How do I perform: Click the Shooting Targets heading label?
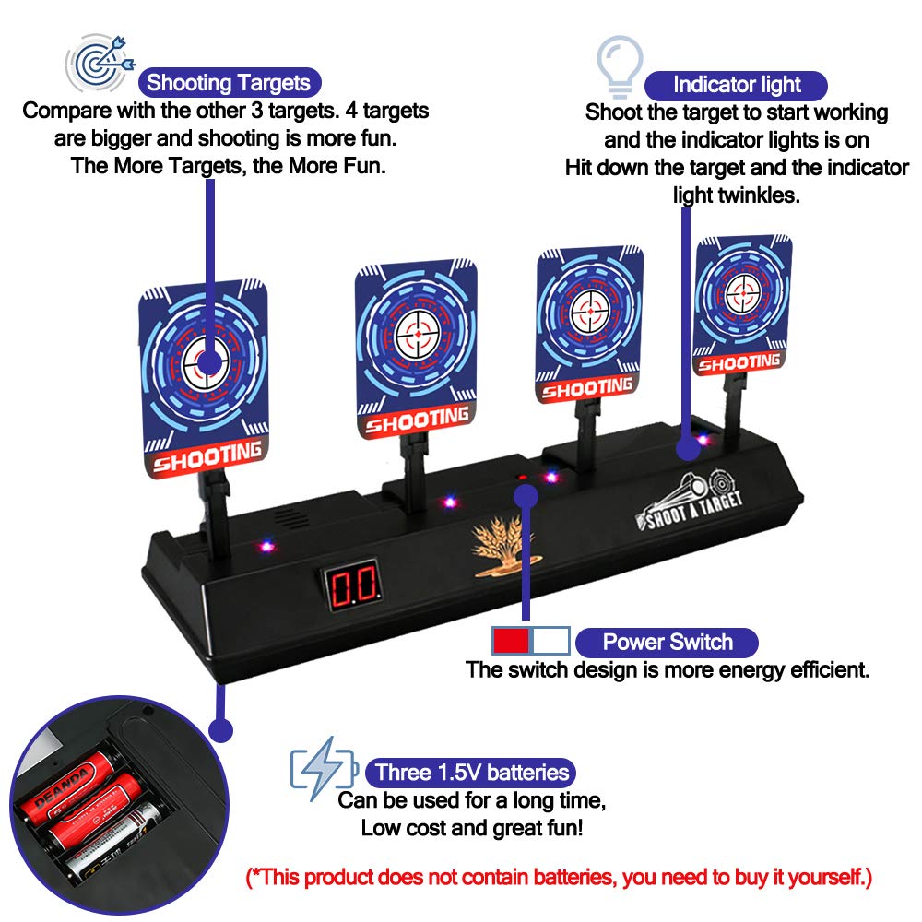(x=229, y=83)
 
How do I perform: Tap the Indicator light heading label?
(x=736, y=86)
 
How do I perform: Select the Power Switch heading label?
(x=667, y=643)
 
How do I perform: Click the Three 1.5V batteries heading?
(x=471, y=772)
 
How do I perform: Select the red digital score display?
(x=351, y=583)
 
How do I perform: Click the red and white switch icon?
(x=529, y=641)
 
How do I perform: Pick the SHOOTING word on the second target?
(x=417, y=420)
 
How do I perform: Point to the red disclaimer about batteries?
(x=559, y=877)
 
